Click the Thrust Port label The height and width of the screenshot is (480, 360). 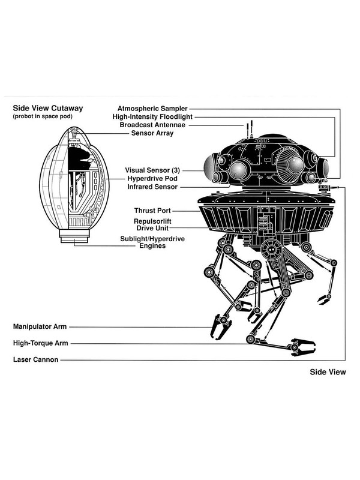point(152,211)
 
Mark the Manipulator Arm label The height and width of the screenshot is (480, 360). point(39,328)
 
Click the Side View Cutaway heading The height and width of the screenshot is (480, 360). point(47,108)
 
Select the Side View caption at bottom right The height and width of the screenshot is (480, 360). point(328,373)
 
